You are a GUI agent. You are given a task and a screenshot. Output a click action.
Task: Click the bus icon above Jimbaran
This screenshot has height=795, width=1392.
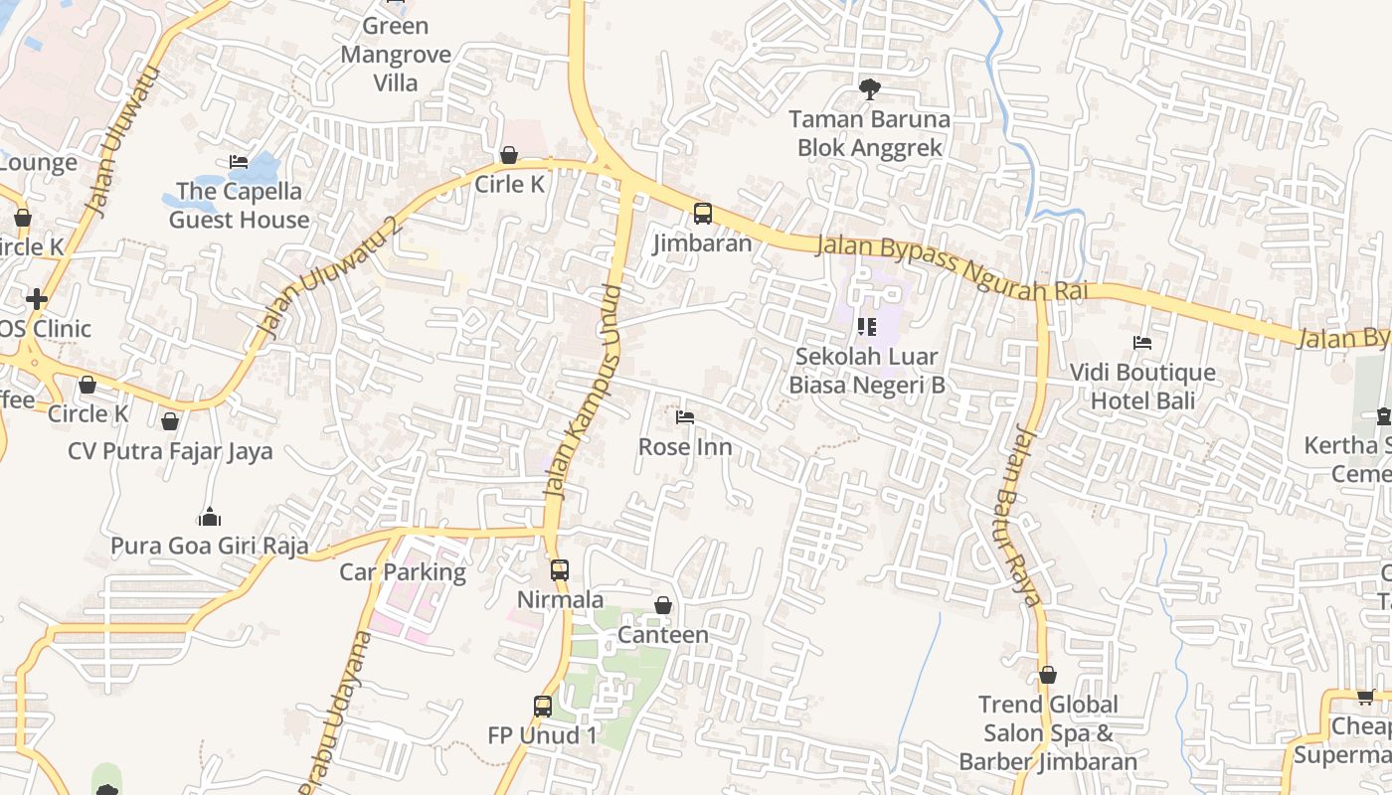pyautogui.click(x=703, y=213)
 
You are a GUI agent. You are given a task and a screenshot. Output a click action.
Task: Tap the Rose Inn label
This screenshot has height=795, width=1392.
pyautogui.click(x=685, y=447)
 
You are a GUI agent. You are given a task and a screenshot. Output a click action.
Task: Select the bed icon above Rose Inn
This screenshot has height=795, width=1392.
pyautogui.click(x=685, y=417)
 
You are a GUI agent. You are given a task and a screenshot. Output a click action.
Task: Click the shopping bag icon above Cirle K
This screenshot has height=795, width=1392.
pyautogui.click(x=509, y=155)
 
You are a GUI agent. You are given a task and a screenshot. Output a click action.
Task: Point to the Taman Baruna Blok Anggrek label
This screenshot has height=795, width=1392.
pyautogui.click(x=870, y=134)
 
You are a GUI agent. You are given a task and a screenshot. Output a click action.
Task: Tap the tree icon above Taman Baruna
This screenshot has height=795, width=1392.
pyautogui.click(x=870, y=89)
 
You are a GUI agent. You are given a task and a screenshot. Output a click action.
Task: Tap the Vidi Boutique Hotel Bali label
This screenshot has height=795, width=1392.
pyautogui.click(x=1142, y=387)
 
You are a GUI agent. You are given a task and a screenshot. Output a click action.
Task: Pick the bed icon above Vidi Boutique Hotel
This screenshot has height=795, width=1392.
pyautogui.click(x=1142, y=343)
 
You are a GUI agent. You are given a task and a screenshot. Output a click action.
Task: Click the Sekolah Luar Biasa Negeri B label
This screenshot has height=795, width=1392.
pyautogui.click(x=866, y=370)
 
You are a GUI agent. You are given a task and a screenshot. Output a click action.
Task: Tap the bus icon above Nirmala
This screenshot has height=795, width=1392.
pyautogui.click(x=560, y=570)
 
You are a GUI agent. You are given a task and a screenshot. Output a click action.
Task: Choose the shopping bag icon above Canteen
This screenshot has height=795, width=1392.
pyautogui.click(x=663, y=605)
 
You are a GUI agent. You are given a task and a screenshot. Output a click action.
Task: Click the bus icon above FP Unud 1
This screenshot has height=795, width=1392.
pyautogui.click(x=543, y=707)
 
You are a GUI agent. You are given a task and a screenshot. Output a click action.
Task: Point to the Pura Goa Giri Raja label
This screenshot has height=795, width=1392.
pyautogui.click(x=209, y=546)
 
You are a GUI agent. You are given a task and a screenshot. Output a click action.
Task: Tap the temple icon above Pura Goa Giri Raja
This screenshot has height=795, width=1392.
pyautogui.click(x=209, y=517)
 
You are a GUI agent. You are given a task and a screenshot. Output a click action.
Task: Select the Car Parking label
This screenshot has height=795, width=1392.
pyautogui.click(x=403, y=572)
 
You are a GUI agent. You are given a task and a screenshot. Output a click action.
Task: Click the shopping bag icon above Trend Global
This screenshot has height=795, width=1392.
pyautogui.click(x=1048, y=676)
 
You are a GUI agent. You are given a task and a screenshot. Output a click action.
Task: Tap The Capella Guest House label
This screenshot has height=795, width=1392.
pyautogui.click(x=239, y=205)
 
